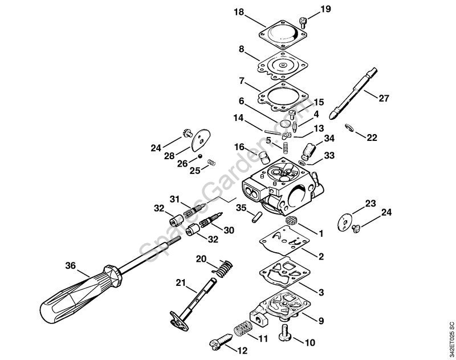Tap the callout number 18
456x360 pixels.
239,12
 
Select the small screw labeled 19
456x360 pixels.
303,22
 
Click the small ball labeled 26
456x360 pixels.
200,156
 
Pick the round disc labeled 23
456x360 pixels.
345,223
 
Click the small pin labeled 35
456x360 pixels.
257,217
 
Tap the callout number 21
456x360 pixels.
181,282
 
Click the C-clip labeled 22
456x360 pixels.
349,128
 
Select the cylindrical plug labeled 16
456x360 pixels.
264,157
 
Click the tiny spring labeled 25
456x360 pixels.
211,163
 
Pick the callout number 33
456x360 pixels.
329,155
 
